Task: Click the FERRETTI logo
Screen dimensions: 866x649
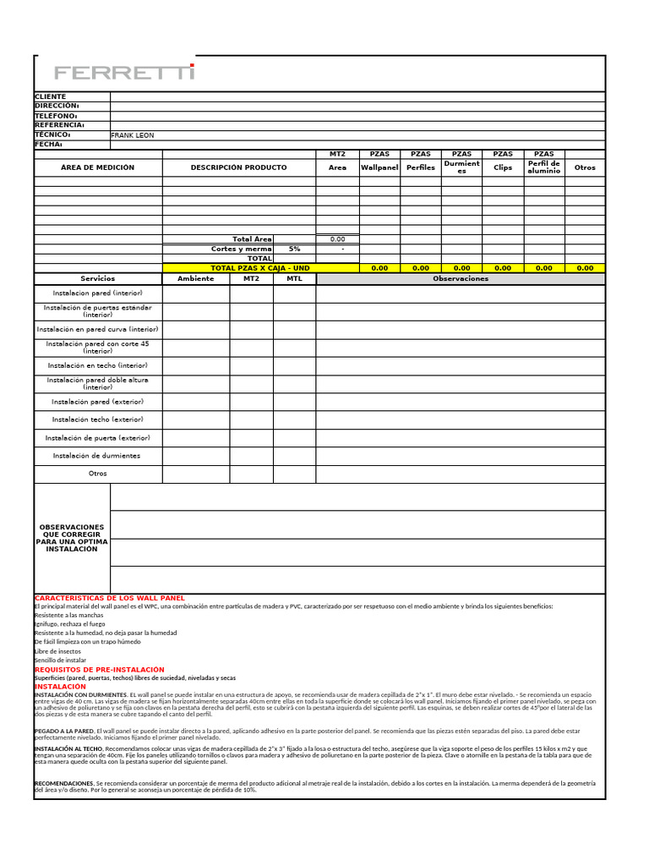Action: click(124, 73)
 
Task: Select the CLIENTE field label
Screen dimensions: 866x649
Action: click(50, 97)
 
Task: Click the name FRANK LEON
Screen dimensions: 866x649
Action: click(133, 135)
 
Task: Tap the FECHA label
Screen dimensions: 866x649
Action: click(49, 145)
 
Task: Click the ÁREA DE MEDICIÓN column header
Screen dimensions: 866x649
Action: click(97, 167)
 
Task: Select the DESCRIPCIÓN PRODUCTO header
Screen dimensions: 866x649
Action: click(238, 167)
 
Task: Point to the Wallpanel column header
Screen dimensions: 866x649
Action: click(379, 167)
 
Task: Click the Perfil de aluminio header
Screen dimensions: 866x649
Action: click(543, 167)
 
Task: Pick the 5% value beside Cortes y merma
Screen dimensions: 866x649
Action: click(294, 249)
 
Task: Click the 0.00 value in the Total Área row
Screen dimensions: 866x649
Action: click(337, 240)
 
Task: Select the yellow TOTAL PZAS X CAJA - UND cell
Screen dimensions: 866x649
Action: click(260, 268)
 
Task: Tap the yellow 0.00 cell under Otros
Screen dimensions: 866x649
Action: click(585, 268)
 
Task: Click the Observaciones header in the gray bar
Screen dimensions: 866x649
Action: click(461, 278)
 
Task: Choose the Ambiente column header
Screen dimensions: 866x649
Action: click(196, 278)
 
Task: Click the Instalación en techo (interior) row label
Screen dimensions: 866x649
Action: click(98, 365)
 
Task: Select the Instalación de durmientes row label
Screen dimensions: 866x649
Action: click(96, 456)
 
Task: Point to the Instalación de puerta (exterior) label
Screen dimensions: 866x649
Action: click(98, 438)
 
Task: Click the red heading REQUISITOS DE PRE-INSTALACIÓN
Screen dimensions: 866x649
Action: click(99, 670)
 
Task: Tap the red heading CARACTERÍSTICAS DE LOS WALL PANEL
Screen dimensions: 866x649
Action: click(109, 598)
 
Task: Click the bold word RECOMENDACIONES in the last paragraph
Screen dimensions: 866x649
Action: click(63, 784)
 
